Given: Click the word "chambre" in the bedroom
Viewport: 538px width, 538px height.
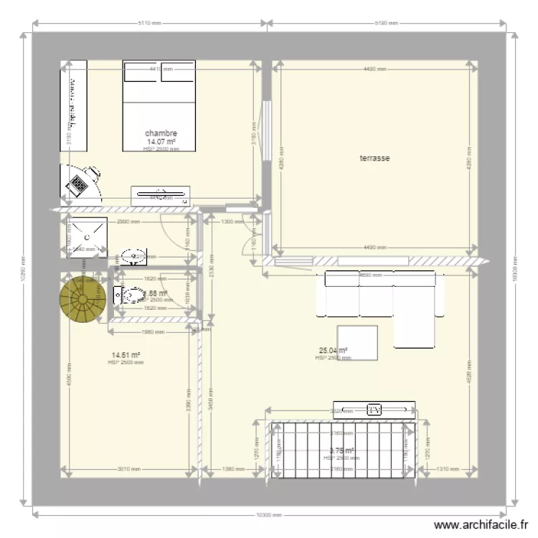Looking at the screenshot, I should tap(161, 133).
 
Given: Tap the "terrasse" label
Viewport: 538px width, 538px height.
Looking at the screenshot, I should tap(374, 158).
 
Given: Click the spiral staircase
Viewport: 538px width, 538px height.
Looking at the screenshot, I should tap(81, 298).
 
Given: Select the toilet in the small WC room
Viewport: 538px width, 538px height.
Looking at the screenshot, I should tap(130, 295).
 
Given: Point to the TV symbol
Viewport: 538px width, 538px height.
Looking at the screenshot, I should tap(374, 410).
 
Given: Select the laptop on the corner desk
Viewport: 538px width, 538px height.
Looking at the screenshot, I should tap(77, 186).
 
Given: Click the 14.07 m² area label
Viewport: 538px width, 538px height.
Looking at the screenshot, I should tap(161, 142).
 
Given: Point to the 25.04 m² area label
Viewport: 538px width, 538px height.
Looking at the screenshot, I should tap(333, 351).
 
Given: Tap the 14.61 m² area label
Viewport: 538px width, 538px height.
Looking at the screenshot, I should tap(126, 355).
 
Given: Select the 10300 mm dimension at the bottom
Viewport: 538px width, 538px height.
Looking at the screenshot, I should tap(269, 514).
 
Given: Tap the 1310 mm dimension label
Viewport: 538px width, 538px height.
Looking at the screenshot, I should tap(448, 469).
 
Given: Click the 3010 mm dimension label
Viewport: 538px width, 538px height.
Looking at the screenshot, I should tap(129, 469).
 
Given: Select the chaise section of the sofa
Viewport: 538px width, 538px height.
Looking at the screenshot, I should tap(415, 315).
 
